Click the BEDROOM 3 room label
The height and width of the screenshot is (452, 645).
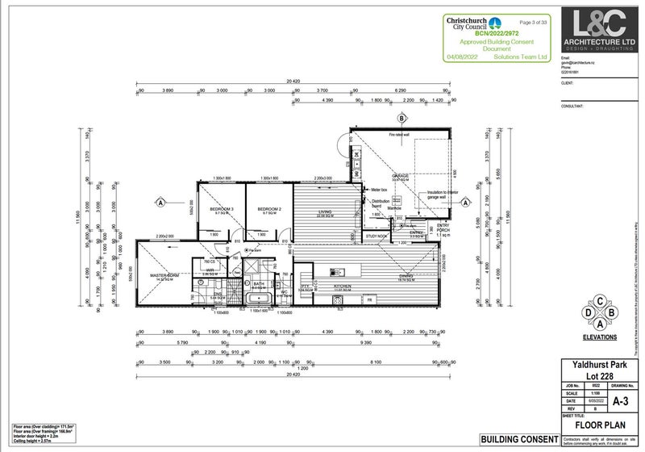tap(221, 209)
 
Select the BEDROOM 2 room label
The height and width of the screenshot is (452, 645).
tap(268, 209)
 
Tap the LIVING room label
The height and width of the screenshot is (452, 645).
tap(327, 211)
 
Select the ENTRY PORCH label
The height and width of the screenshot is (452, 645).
tap(443, 226)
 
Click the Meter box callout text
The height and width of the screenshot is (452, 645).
tap(380, 190)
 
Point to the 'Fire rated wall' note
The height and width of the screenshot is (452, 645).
tap(398, 135)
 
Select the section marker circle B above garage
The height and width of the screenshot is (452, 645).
tap(401, 119)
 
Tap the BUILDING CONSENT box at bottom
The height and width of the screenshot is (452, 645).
tap(519, 439)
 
